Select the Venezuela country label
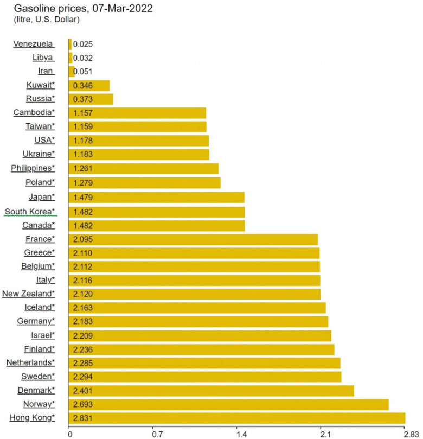pos(33,44)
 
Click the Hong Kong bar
pos(237,418)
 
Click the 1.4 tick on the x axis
pos(241,434)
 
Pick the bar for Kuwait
pos(89,85)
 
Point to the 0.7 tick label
pos(157,434)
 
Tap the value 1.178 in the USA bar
pos(82,140)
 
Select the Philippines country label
pos(33,168)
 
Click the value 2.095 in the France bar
pos(82,239)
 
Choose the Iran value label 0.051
pos(83,72)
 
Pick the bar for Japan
pos(157,198)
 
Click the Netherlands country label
pos(30,362)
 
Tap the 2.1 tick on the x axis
pos(325,434)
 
